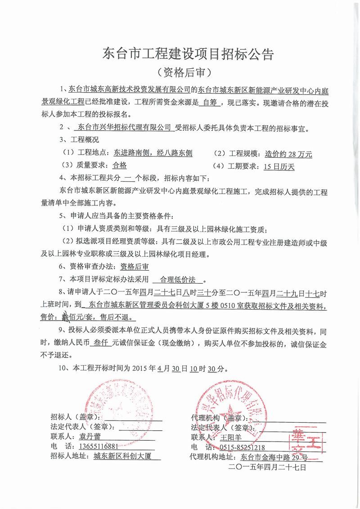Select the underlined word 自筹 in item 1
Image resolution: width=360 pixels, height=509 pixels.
(x=210, y=102)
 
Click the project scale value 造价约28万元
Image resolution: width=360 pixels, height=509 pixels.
(x=288, y=154)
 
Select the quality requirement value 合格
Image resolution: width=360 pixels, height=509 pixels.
(x=120, y=165)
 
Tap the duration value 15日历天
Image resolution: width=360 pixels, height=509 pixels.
(x=279, y=166)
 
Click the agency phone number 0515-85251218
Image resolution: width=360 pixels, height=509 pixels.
(x=242, y=447)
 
